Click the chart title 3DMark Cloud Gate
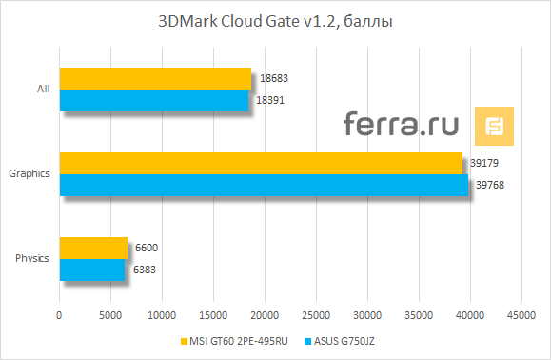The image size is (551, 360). click(x=275, y=21)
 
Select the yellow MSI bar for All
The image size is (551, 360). click(x=155, y=78)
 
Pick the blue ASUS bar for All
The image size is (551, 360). click(x=153, y=99)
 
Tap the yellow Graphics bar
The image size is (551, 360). click(x=261, y=163)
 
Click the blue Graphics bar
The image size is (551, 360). click(x=264, y=184)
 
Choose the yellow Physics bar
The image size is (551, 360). click(x=93, y=248)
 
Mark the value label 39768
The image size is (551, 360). click(x=487, y=185)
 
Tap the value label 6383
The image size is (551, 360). click(x=145, y=270)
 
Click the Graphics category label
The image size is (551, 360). click(x=29, y=174)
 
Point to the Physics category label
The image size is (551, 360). click(x=32, y=258)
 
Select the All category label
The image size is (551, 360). click(x=43, y=90)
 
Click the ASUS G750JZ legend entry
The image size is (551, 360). click(x=343, y=341)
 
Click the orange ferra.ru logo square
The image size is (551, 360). click(x=495, y=127)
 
